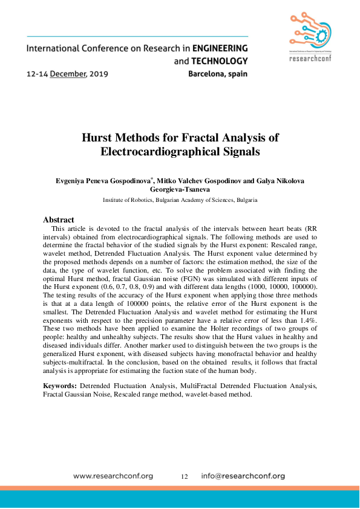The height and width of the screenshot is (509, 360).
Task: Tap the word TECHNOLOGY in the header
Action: (x=218, y=61)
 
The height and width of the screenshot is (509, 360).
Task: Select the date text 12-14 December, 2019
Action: (x=67, y=75)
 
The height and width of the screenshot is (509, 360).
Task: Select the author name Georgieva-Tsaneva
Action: (x=179, y=189)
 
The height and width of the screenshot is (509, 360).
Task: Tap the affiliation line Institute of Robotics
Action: (x=180, y=199)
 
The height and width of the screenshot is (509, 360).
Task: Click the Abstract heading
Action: (x=58, y=220)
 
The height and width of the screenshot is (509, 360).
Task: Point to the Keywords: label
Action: (x=60, y=385)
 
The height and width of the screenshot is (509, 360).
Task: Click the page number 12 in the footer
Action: (x=185, y=476)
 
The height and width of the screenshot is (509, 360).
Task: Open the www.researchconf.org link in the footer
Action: (x=113, y=476)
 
